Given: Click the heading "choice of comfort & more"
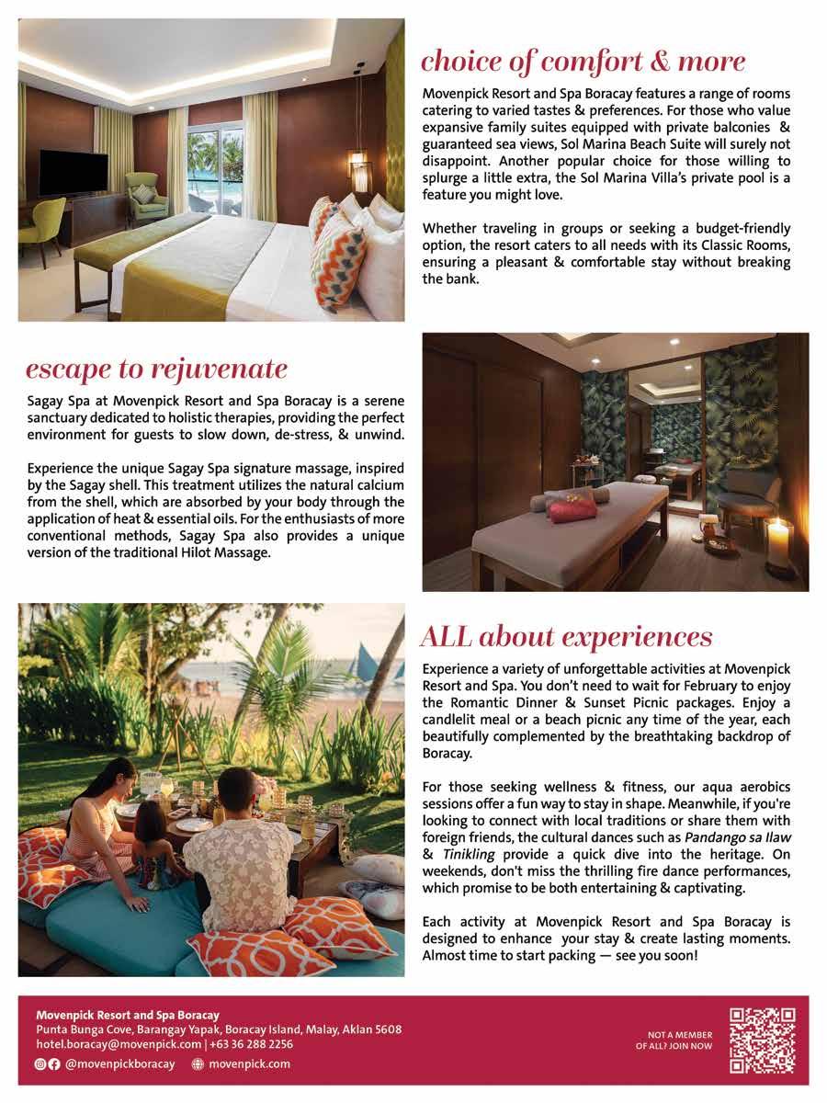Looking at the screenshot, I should point(583,62).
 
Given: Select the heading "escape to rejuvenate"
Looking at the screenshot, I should point(156,370).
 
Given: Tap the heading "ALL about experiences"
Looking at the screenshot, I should point(565,636).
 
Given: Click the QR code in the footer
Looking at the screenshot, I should point(762,1040).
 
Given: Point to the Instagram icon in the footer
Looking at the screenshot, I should point(40,1063).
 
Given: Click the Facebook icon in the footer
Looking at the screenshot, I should point(54,1063).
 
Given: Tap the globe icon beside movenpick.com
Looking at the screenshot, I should point(197,1063).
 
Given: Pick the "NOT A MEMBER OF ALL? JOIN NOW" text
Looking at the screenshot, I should point(679,1040).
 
